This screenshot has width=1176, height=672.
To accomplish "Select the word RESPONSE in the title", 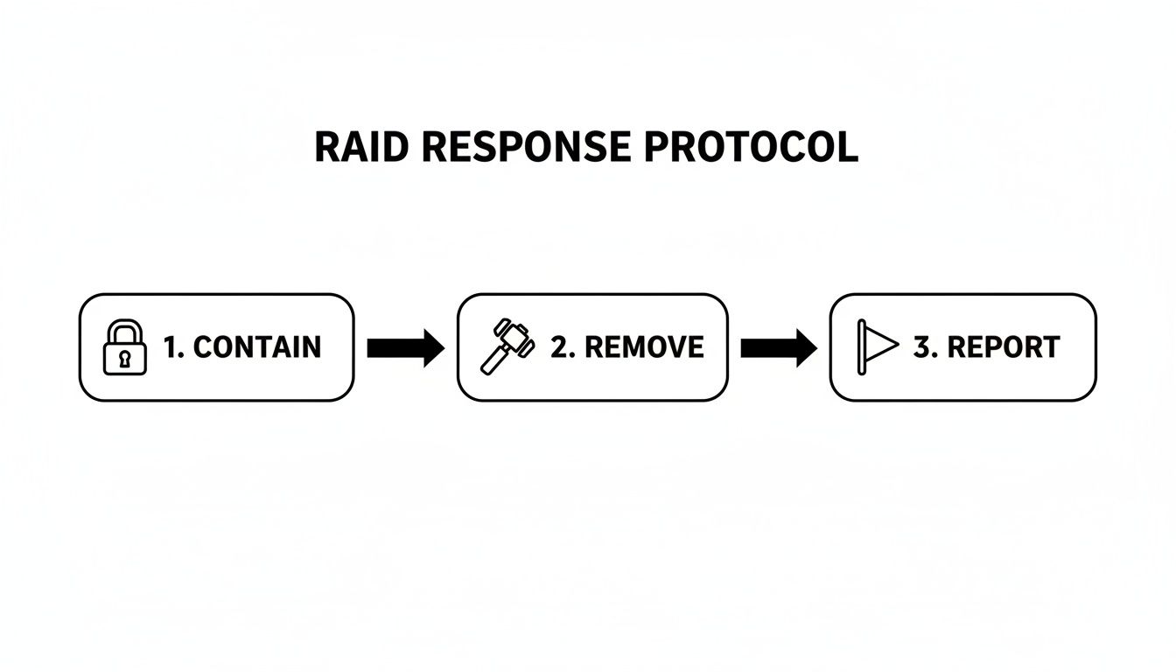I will pyautogui.click(x=525, y=148).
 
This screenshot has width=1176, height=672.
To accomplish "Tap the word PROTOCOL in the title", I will pyautogui.click(x=751, y=148).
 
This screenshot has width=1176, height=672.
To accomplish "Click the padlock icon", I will pyautogui.click(x=125, y=347).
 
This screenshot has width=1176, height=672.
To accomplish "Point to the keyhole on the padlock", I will pyautogui.click(x=125, y=358).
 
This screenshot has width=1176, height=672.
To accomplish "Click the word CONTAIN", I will pyautogui.click(x=256, y=347).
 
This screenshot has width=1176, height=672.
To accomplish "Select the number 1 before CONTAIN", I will pyautogui.click(x=171, y=347).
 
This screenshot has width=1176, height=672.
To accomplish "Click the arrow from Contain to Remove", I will pyautogui.click(x=405, y=348).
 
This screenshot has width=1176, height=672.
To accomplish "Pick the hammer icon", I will pyautogui.click(x=506, y=347).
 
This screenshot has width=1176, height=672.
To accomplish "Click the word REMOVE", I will pyautogui.click(x=643, y=347).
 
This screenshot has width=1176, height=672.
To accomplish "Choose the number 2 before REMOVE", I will pyautogui.click(x=560, y=347).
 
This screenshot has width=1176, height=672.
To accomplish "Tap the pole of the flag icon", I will pyautogui.click(x=862, y=348).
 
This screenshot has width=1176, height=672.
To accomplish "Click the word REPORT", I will pyautogui.click(x=1004, y=347).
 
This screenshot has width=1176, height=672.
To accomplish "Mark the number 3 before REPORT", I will pyautogui.click(x=922, y=347).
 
